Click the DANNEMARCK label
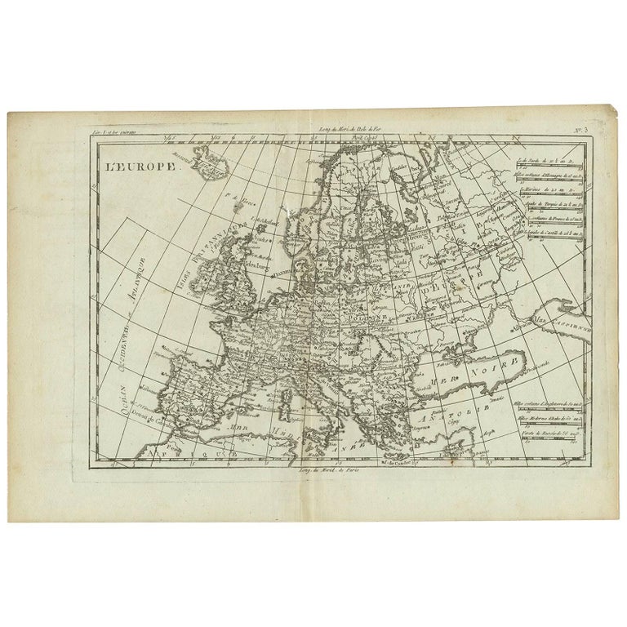tap(285, 264)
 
